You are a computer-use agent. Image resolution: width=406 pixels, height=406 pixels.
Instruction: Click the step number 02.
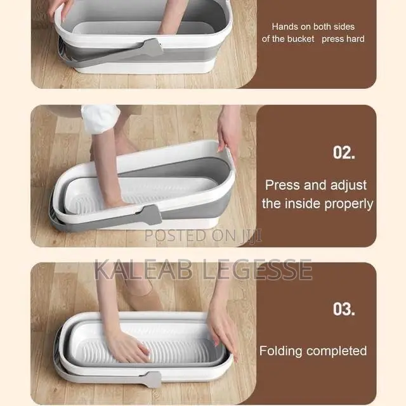coord(344,152)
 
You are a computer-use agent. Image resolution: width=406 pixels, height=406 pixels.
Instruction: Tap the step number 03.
coord(344,309)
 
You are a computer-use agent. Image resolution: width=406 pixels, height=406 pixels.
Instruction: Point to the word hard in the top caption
coord(355,39)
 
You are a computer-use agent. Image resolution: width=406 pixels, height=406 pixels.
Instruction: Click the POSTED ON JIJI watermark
coord(203,235)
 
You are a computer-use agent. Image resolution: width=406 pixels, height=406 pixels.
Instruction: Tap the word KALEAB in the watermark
coord(143,270)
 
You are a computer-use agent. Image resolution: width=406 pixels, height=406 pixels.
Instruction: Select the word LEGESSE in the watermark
coord(257,270)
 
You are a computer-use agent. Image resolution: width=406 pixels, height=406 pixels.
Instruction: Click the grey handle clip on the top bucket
coord(153,48)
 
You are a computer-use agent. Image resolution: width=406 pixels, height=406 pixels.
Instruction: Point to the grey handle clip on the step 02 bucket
coord(152,215)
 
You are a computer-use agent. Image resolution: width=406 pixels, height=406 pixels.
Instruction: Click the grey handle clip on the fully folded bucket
coord(152,379)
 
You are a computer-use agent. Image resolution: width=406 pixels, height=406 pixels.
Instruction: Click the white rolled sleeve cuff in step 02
coord(100,119)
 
